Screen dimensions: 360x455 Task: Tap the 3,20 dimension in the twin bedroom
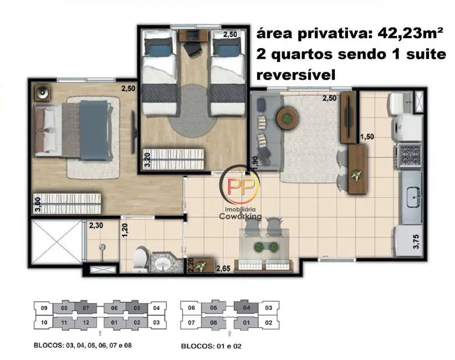click(x=147, y=159)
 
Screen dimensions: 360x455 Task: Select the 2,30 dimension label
click(x=97, y=225)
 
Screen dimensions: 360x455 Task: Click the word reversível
click(x=295, y=75)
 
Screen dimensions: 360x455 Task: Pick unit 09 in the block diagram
click(x=43, y=308)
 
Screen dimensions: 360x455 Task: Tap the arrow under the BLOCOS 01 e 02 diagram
click(x=229, y=332)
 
